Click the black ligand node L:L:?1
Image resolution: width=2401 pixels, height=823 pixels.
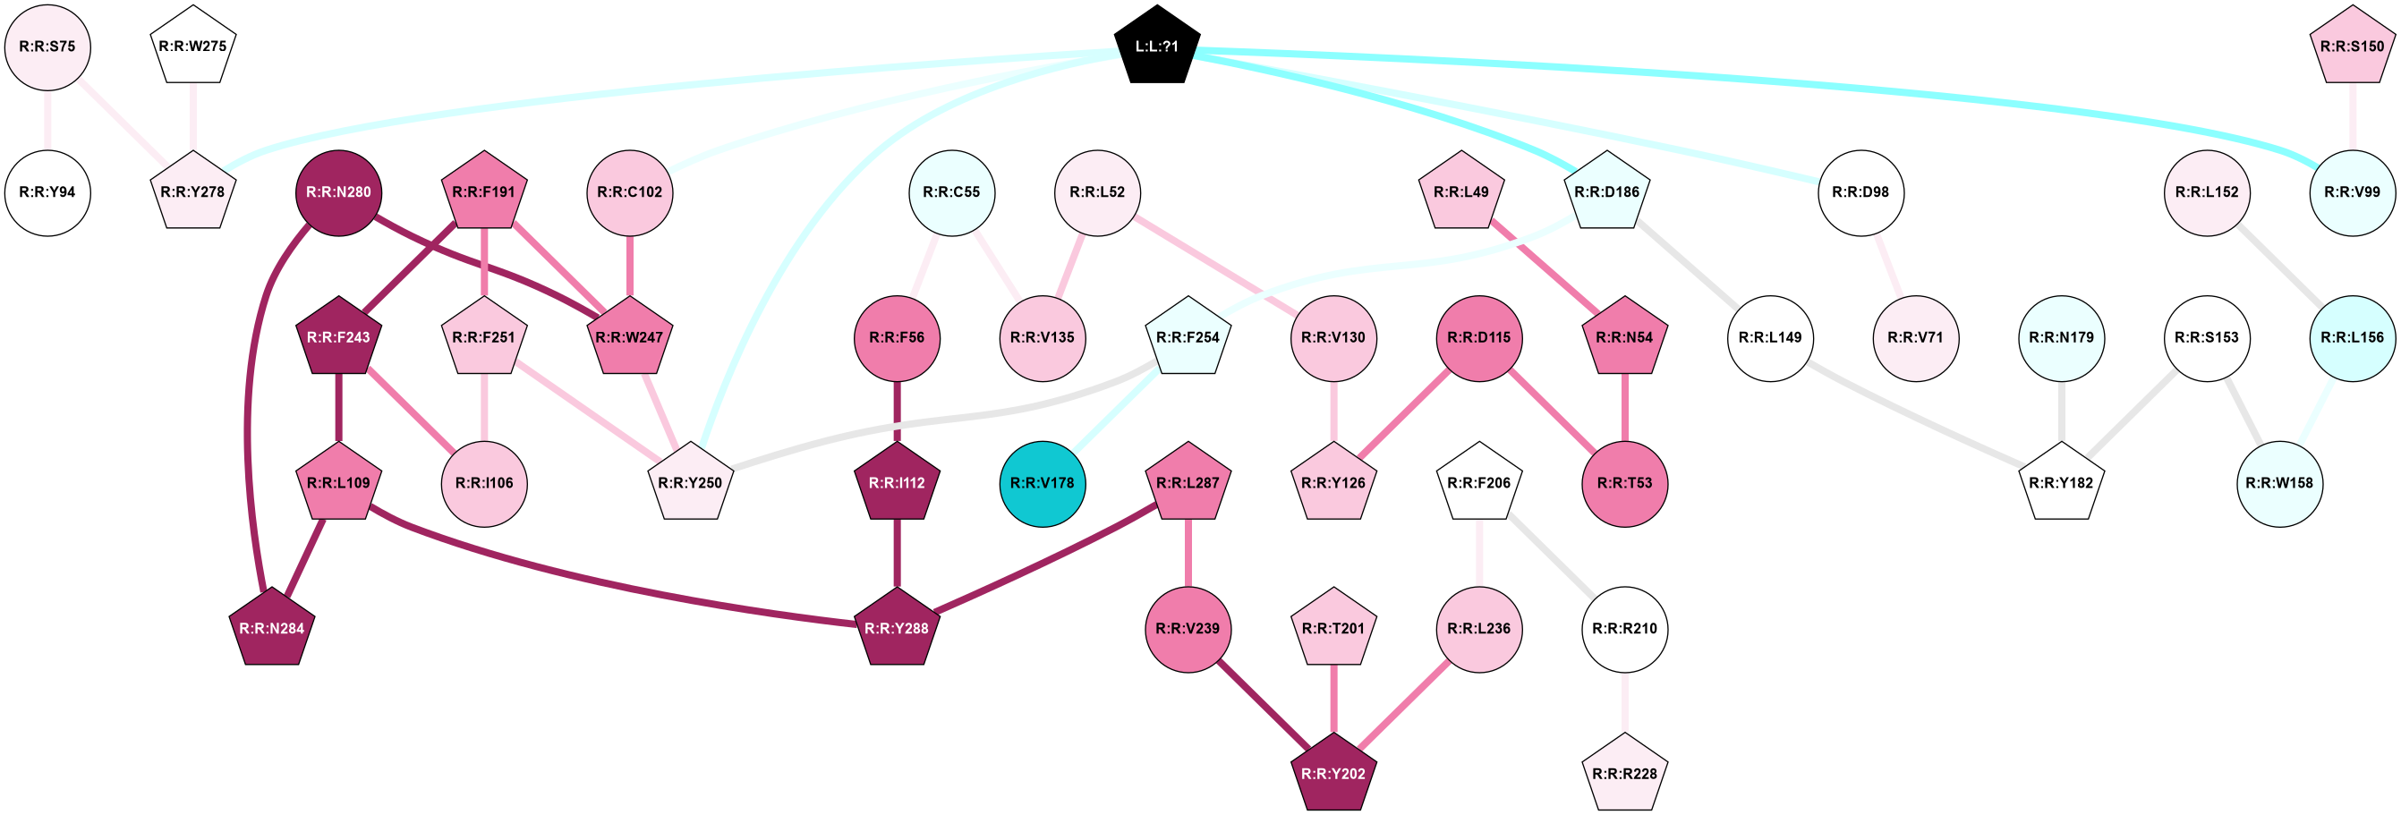click(x=1157, y=47)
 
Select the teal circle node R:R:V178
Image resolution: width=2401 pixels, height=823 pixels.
click(x=1042, y=484)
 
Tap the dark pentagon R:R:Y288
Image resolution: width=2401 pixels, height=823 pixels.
click(x=897, y=629)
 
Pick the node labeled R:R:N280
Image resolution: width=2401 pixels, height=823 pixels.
click(x=339, y=193)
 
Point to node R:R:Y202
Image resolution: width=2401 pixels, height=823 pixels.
click(x=1332, y=775)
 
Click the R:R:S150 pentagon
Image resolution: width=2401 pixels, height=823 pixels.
click(x=2353, y=47)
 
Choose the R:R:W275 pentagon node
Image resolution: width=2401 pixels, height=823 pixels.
click(x=193, y=47)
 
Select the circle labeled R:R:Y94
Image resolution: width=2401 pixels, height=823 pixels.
click(x=47, y=193)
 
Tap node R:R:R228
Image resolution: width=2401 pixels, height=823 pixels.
click(x=1624, y=775)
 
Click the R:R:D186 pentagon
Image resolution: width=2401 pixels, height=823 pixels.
click(x=1607, y=193)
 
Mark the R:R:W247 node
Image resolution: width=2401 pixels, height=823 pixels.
click(x=629, y=338)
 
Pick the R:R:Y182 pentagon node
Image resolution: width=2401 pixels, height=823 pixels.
click(x=2061, y=484)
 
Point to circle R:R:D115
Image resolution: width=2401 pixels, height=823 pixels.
click(x=1479, y=338)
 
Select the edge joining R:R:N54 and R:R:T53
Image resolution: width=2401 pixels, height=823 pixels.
click(x=1624, y=411)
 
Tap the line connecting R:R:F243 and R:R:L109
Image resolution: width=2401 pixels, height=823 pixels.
click(x=339, y=411)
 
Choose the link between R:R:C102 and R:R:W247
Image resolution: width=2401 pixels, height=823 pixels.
click(x=629, y=266)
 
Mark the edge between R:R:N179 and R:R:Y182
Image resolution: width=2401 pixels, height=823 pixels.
click(x=2061, y=411)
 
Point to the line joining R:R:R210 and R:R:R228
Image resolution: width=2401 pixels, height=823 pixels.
click(x=1624, y=702)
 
